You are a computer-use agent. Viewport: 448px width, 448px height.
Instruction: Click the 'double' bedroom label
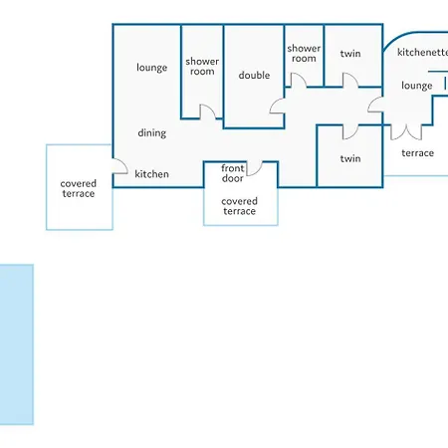pos(254,76)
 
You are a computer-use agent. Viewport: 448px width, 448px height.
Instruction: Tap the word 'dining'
pos(152,133)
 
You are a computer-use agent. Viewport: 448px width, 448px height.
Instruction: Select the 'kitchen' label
pos(151,174)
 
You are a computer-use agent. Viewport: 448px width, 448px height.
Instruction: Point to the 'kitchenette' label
pos(423,52)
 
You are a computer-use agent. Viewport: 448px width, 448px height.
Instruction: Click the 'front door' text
pos(233,173)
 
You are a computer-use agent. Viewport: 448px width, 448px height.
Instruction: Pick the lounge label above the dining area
pos(151,68)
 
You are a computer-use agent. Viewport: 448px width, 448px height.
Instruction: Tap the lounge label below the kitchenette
pos(417,86)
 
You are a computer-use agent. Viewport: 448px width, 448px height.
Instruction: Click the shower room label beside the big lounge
pos(202,67)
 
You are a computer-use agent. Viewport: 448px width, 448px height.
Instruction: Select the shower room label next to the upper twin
pos(304,54)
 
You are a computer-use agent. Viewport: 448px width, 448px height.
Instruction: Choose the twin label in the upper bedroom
pos(350,54)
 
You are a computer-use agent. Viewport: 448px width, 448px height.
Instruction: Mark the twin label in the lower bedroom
pos(350,158)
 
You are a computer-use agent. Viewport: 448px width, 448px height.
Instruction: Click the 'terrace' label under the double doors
pos(418,153)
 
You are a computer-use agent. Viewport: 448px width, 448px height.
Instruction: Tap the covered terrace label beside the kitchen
pos(79,188)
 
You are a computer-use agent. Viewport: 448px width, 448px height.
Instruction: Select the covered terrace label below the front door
pos(239,206)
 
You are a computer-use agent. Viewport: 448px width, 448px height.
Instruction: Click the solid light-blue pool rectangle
pos(17,344)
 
